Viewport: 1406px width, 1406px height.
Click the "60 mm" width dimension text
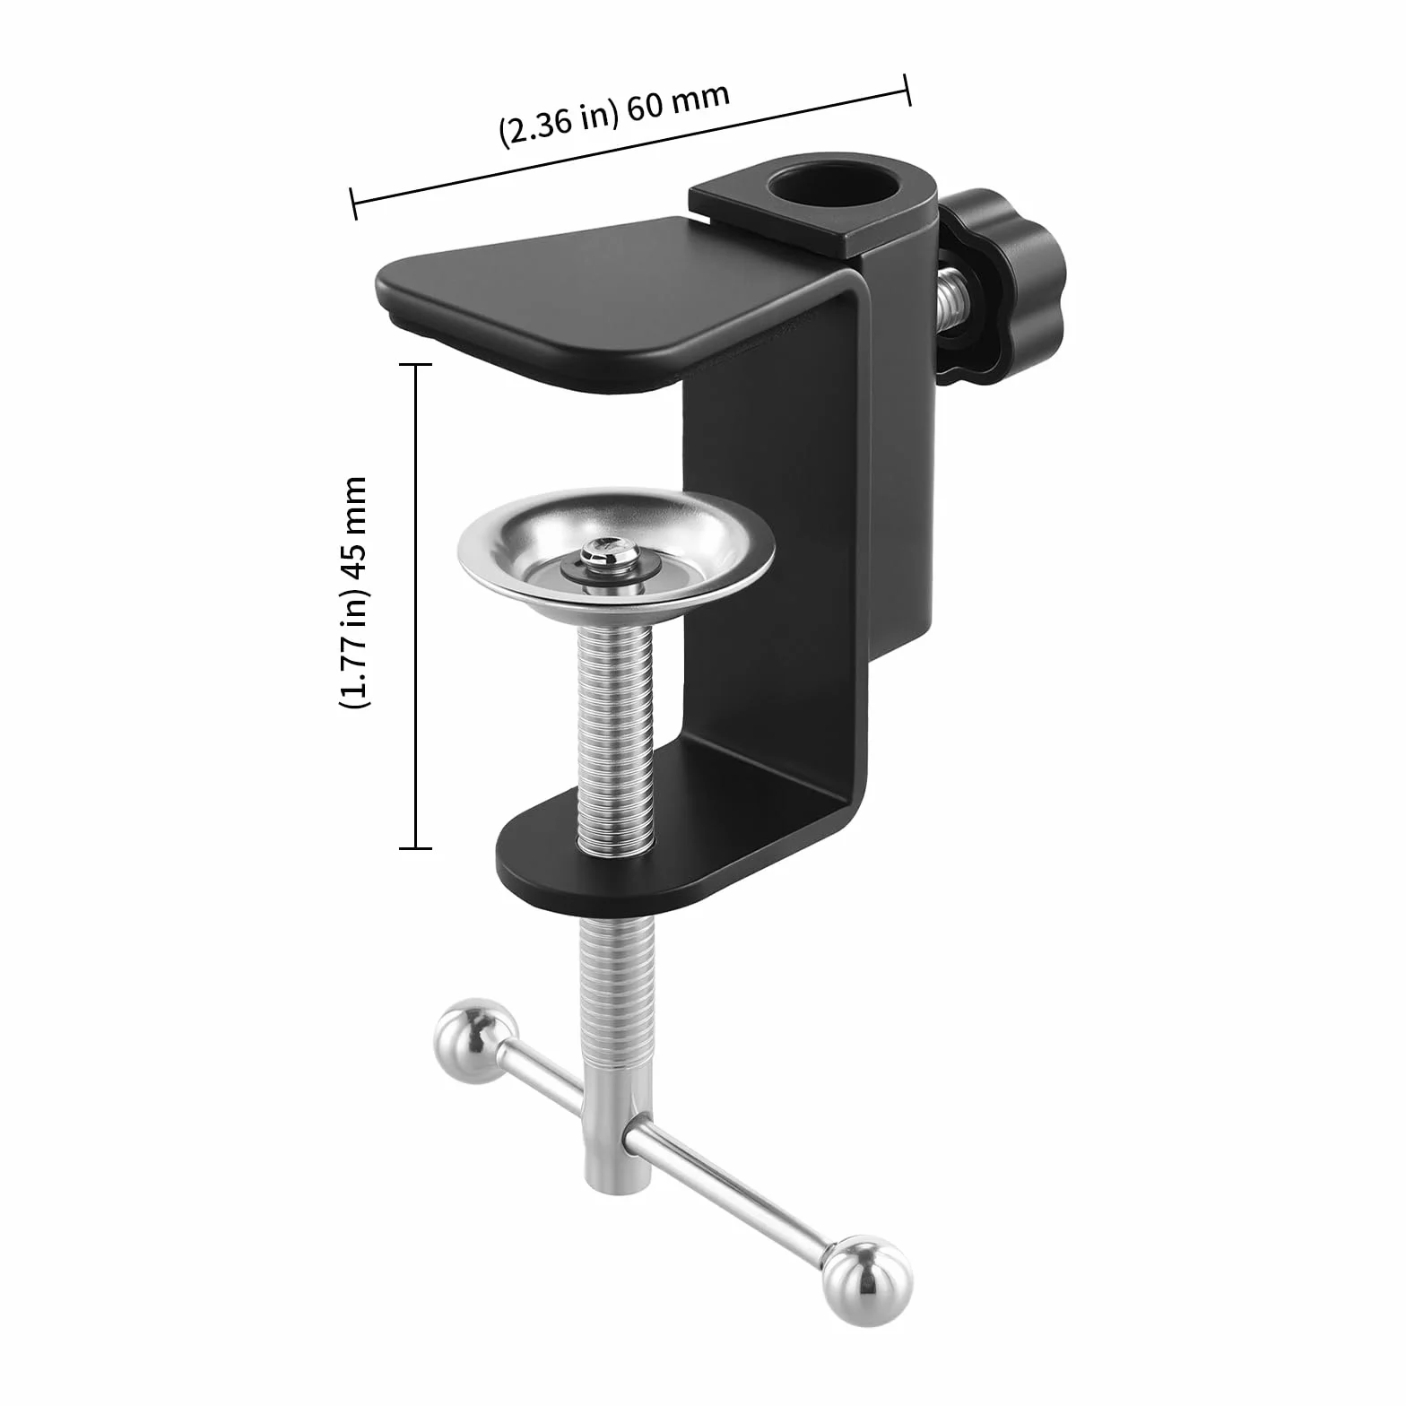pyautogui.click(x=679, y=101)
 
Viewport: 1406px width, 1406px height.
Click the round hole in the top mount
pyautogui.click(x=836, y=187)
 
